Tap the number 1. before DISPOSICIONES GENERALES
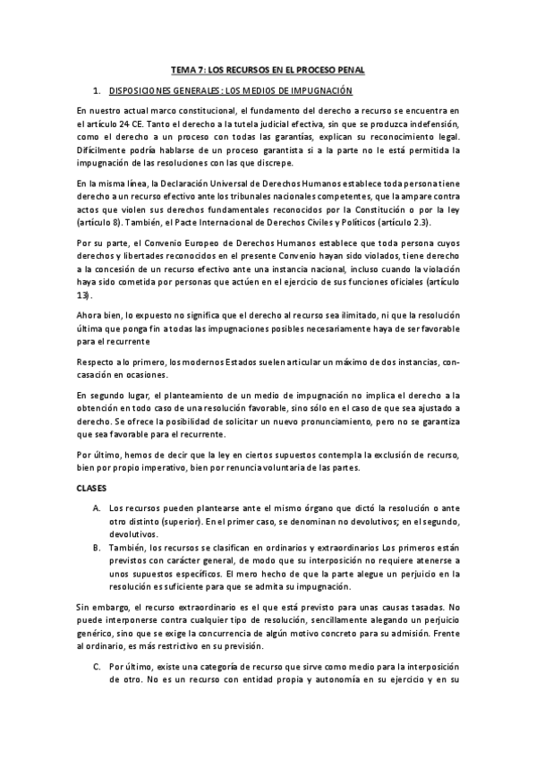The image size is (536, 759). click(97, 91)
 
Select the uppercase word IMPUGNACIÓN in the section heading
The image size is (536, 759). click(317, 91)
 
